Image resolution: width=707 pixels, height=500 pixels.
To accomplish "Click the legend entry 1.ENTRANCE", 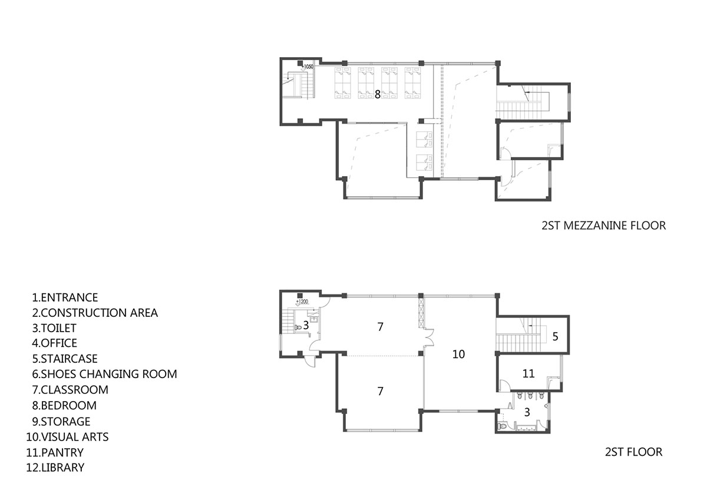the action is point(65,297).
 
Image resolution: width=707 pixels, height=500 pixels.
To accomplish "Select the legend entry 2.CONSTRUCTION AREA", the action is point(95,313).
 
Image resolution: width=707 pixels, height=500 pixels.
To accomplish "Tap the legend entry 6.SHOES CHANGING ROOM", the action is point(104,374).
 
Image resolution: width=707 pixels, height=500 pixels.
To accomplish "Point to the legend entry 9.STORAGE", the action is point(61,422).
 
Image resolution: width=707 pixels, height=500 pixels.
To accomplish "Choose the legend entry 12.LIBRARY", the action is point(55,467).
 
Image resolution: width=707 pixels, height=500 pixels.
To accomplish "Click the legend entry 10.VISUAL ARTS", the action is point(68,437).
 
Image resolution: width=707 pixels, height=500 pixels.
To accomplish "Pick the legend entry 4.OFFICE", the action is point(55,343).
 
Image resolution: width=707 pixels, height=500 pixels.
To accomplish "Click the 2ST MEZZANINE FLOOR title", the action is point(604,226).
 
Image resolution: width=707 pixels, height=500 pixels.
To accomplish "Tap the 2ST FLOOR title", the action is point(634,452).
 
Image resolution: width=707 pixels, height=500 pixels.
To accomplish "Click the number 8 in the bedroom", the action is point(378,94).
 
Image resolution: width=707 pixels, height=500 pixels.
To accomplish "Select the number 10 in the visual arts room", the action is point(458,355).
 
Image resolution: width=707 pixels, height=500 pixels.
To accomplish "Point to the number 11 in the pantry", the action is point(528,374).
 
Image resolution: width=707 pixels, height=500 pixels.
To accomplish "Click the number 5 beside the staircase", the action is point(556,337).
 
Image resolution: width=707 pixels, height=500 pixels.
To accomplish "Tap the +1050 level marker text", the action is point(308,67).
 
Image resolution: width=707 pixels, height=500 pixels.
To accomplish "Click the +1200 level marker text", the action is point(302,302).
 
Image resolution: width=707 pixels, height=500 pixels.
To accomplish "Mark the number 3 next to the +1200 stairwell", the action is point(306,326).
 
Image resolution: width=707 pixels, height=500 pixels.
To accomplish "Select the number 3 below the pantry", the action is point(527,412).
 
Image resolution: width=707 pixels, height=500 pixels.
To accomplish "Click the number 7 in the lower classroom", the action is point(381,391).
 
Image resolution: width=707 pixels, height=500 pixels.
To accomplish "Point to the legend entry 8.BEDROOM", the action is point(64,405).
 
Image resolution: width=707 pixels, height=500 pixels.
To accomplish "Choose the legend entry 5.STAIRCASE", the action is point(65,359).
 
